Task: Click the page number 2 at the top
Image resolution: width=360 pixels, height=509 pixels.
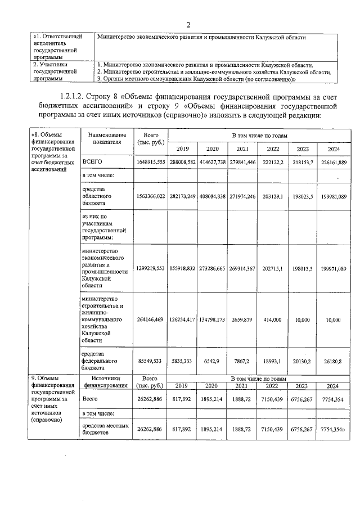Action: pos(188,24)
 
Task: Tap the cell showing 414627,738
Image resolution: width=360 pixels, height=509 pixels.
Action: pos(212,162)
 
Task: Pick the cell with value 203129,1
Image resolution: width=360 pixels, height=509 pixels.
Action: pos(273,196)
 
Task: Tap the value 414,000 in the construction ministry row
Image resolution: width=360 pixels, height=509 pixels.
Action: pos(273,319)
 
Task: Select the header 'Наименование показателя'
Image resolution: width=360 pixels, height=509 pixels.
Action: pos(103,138)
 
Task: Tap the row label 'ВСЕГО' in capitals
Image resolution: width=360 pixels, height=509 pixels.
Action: pos(93,161)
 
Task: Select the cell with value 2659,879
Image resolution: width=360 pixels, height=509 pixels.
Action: pos(242,319)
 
